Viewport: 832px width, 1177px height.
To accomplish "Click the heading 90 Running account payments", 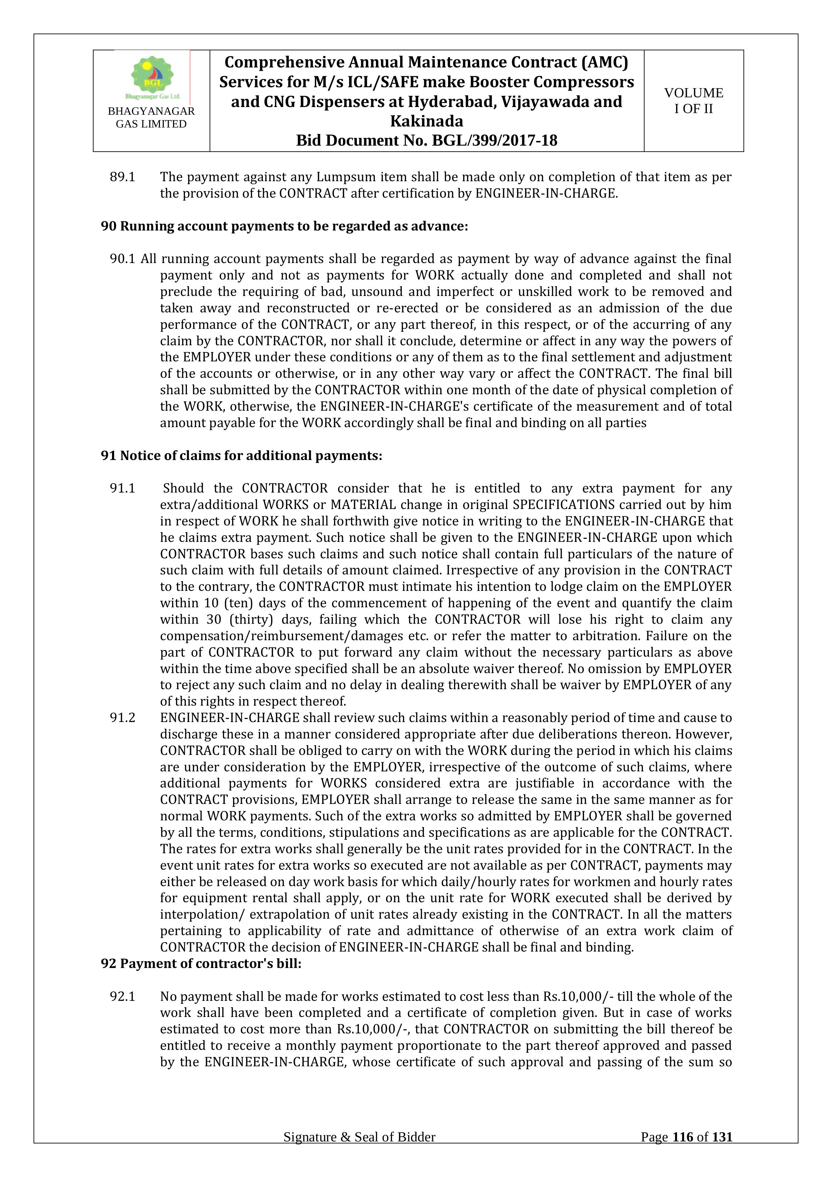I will tap(284, 226).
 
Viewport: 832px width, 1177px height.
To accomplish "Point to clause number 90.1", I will tap(122, 259).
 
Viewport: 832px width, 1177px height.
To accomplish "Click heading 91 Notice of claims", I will tap(241, 456).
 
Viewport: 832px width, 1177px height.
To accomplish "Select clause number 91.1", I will tap(122, 489).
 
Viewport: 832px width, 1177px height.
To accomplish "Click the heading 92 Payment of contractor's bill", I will tap(201, 964).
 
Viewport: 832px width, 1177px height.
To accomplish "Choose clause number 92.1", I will tap(122, 996).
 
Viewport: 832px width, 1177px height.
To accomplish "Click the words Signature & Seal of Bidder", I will tap(359, 1152).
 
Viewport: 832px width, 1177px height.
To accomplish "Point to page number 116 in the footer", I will tap(682, 1152).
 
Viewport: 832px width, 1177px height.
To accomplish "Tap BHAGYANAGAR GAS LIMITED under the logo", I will tap(151, 117).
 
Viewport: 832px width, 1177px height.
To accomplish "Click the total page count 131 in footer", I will tap(722, 1152).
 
